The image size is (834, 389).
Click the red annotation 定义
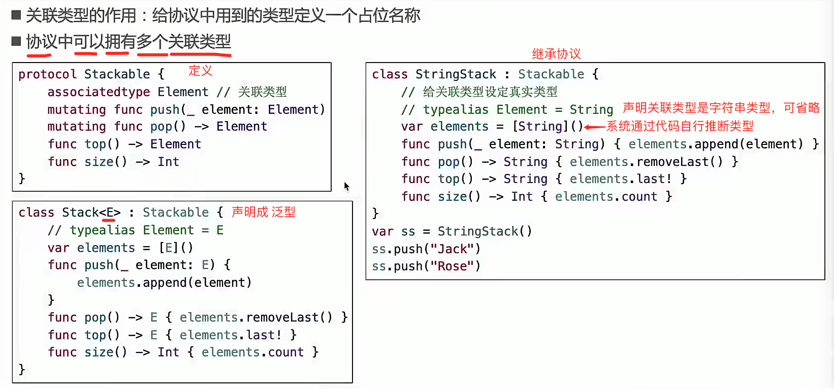click(x=201, y=71)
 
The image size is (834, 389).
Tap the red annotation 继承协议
click(x=556, y=54)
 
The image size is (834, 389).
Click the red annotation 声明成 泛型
click(x=263, y=212)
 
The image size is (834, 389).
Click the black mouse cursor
click(x=346, y=187)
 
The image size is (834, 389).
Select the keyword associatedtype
click(x=99, y=92)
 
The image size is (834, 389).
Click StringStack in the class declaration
click(x=456, y=74)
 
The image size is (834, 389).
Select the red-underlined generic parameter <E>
click(x=110, y=213)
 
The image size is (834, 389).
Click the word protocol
click(x=47, y=74)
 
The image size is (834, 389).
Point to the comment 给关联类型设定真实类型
click(x=490, y=92)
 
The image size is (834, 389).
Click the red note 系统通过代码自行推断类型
click(x=680, y=126)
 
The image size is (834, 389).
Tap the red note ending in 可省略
click(x=721, y=108)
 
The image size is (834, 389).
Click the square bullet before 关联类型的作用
click(x=16, y=15)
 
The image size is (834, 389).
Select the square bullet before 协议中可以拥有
click(x=16, y=41)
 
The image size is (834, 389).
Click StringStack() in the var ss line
click(x=485, y=232)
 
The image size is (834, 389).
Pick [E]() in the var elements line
click(x=176, y=248)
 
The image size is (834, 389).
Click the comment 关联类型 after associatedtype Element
click(x=262, y=92)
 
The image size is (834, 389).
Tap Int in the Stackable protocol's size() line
click(x=168, y=162)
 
